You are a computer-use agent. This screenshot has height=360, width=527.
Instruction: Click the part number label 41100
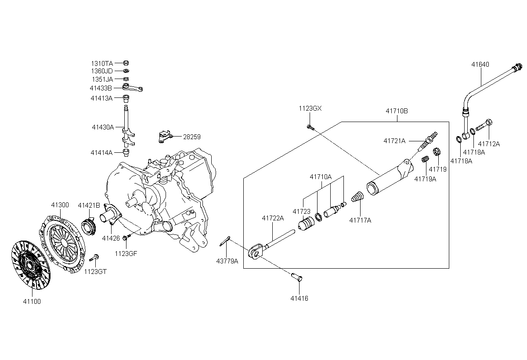point(32,302)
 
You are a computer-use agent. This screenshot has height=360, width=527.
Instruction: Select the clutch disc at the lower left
point(31,265)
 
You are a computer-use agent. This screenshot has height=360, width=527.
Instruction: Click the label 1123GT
point(95,272)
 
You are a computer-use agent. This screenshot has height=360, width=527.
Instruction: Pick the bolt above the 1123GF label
point(126,237)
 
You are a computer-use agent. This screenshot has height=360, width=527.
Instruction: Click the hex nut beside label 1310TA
point(126,63)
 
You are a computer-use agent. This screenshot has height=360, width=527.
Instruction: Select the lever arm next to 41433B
point(133,87)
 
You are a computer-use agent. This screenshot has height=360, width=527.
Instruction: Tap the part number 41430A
point(103,127)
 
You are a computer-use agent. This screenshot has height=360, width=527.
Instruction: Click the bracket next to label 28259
point(165,137)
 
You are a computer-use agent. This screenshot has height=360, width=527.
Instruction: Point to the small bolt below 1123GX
point(310,127)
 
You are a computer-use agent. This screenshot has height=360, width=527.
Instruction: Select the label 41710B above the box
point(397,111)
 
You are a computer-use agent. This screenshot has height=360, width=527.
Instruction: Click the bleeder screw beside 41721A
point(427,141)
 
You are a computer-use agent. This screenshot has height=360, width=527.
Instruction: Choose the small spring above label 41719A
point(425,159)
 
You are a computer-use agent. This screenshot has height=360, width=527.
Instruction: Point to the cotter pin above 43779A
point(225,241)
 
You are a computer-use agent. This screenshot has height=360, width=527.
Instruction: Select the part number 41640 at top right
point(480,65)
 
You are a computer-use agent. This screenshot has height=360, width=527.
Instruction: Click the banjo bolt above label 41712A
point(484,125)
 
